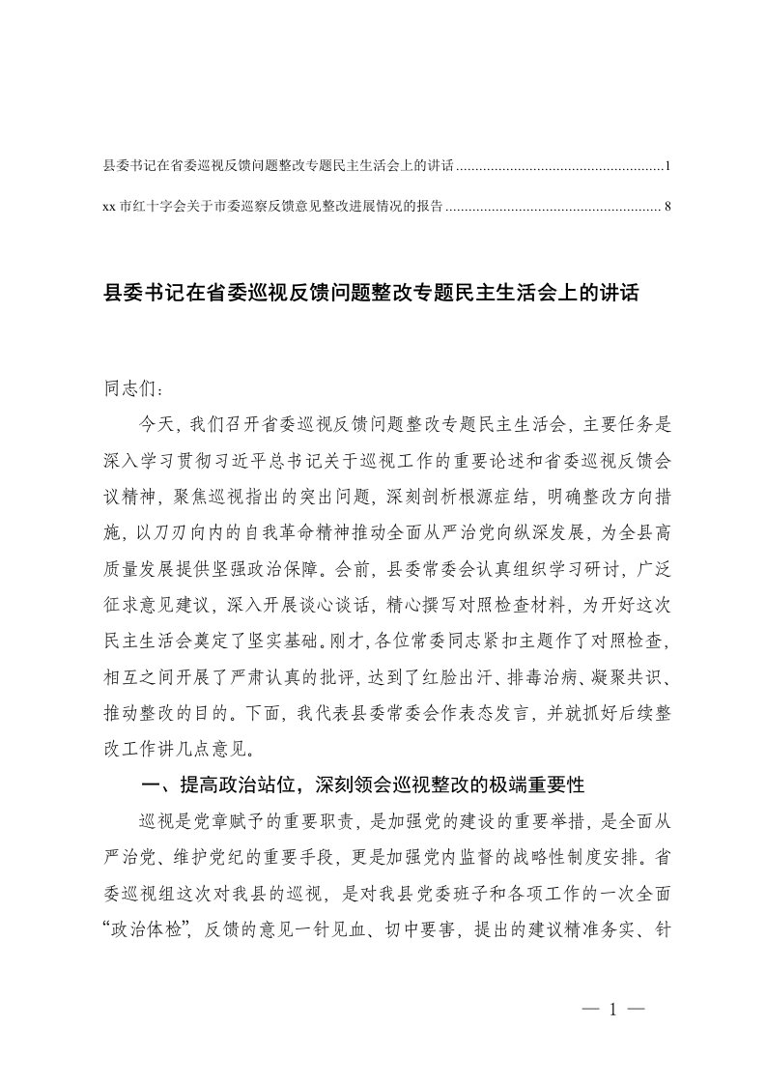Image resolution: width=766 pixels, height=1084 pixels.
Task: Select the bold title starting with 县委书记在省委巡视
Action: [x=371, y=293]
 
